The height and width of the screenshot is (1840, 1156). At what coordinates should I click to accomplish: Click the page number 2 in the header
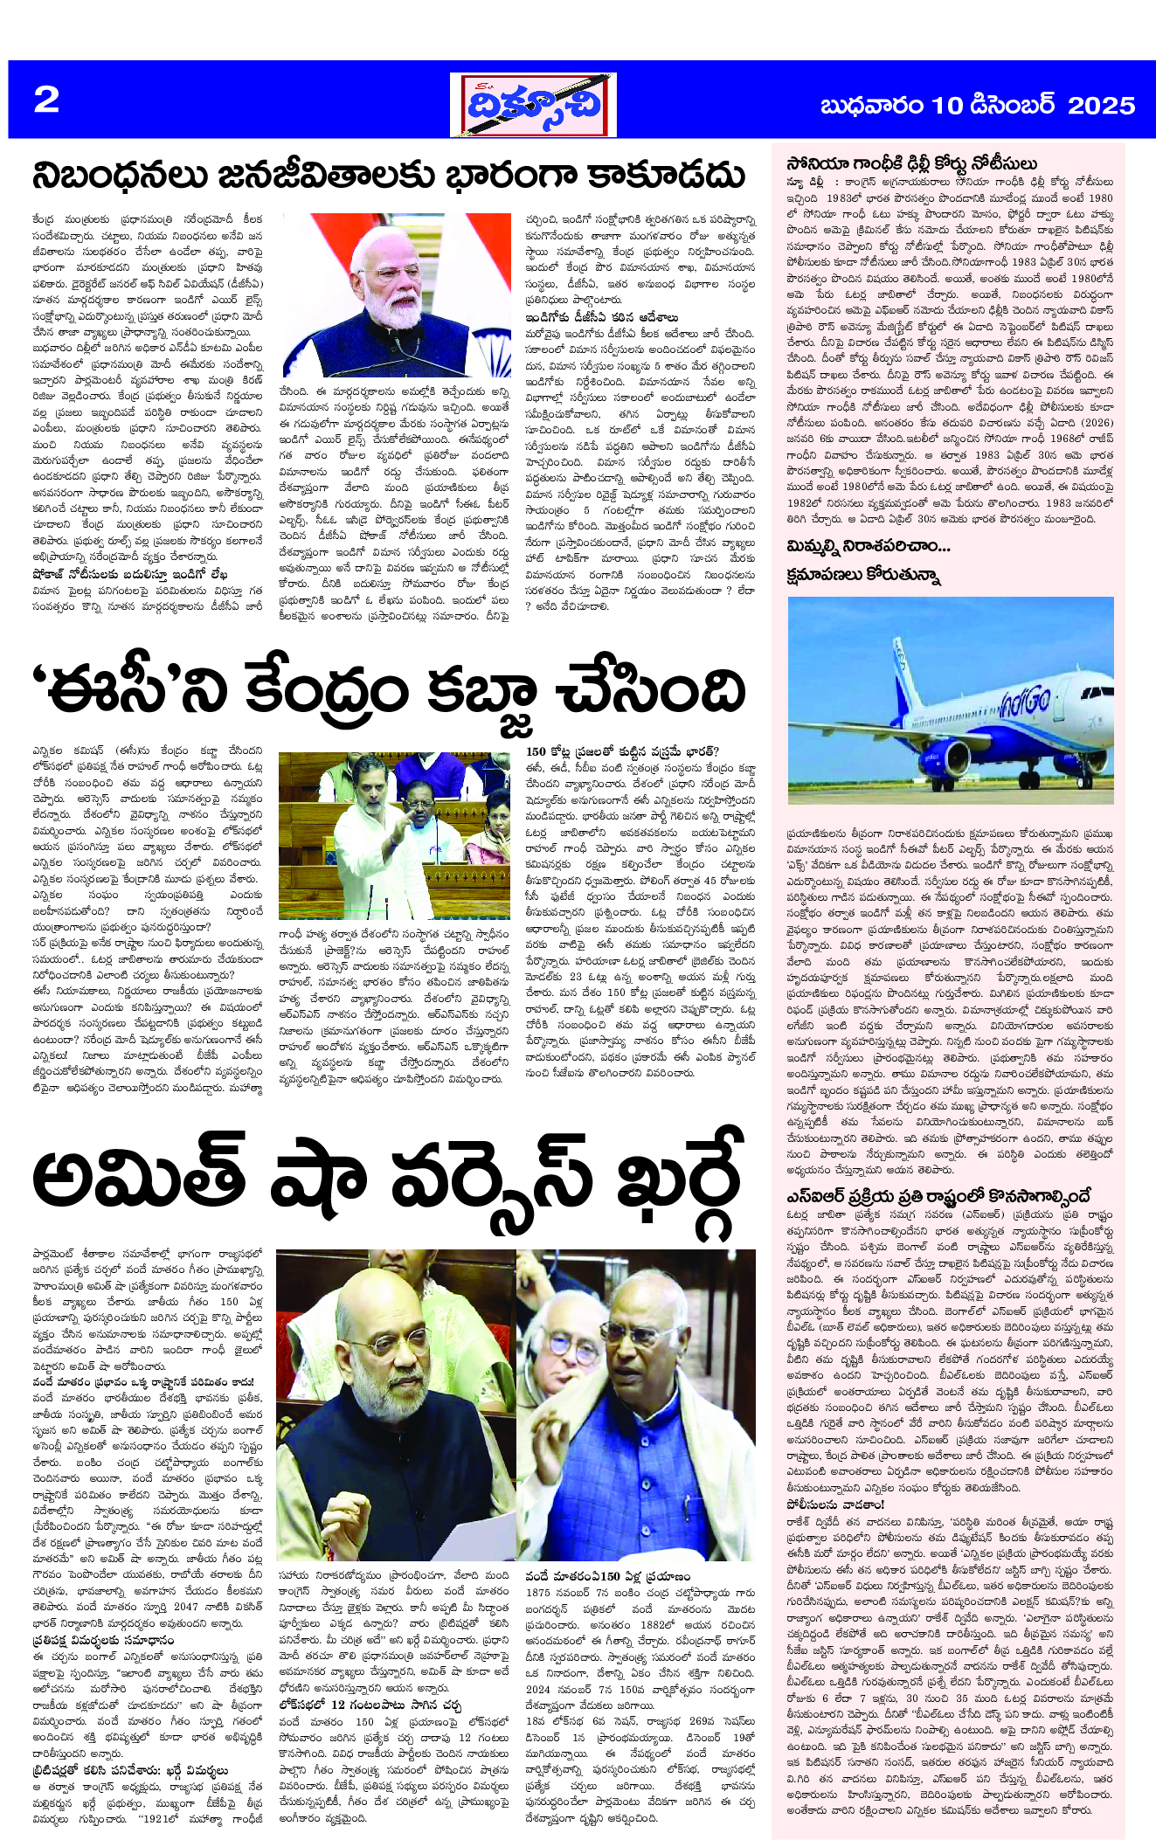(x=46, y=100)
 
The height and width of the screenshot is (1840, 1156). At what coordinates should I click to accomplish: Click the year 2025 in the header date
(x=1101, y=106)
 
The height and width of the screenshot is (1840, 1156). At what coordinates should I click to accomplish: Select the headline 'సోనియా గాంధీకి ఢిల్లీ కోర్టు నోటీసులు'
(x=911, y=163)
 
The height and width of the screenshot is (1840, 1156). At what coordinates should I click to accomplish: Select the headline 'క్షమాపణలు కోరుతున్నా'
(x=862, y=575)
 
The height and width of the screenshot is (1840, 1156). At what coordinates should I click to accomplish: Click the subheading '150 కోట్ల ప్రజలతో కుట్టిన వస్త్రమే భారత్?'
(x=622, y=751)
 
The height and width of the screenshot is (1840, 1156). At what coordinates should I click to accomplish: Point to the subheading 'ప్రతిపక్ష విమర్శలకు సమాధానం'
(x=103, y=1640)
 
